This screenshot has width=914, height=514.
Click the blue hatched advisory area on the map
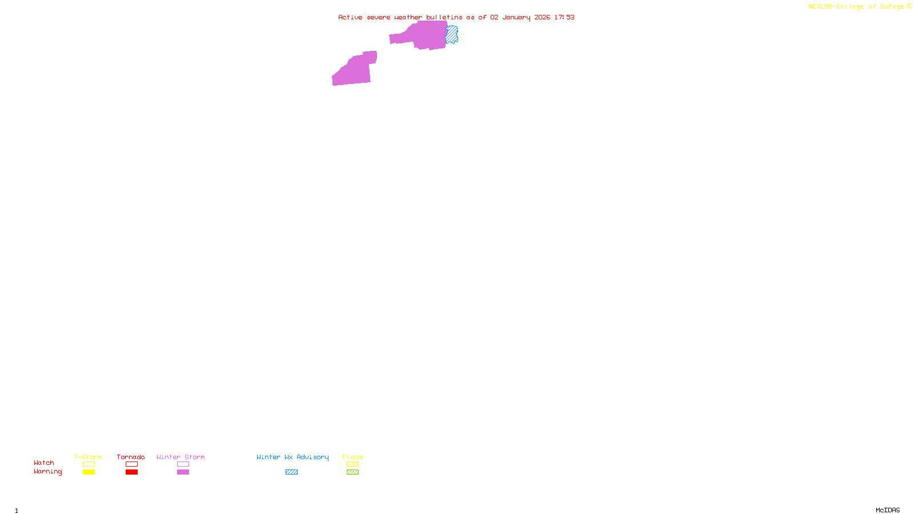click(452, 34)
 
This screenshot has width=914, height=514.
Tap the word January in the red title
click(516, 17)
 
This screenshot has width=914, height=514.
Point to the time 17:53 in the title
click(564, 17)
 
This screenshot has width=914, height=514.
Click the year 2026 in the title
click(543, 17)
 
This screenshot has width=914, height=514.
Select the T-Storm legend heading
click(88, 457)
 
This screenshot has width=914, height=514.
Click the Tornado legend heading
click(131, 457)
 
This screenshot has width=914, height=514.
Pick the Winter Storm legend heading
click(181, 457)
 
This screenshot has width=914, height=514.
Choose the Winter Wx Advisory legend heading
click(292, 457)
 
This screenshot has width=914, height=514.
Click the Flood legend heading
click(352, 457)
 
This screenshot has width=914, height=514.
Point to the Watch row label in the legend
click(44, 463)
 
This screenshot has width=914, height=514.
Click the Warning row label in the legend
click(48, 472)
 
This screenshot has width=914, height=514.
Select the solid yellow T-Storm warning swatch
click(89, 472)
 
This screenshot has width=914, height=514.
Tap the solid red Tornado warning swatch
click(132, 472)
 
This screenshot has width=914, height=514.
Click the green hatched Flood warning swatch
click(353, 472)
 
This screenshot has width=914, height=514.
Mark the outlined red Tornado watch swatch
click(132, 464)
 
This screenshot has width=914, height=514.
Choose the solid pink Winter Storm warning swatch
click(183, 472)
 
